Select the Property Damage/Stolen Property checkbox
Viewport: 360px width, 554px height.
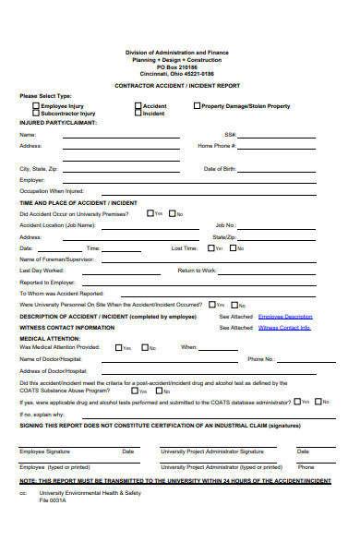(197, 106)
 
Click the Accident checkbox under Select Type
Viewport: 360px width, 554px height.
(138, 106)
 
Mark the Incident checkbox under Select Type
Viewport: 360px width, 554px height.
(138, 114)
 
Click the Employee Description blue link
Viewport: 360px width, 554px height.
(285, 316)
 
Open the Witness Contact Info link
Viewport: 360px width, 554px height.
(284, 327)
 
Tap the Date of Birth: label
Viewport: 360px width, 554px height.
(220, 169)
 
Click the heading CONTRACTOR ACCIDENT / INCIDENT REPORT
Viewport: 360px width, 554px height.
(179, 84)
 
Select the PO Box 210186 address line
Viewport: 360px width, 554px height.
(179, 67)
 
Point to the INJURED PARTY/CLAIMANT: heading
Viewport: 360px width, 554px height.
(58, 122)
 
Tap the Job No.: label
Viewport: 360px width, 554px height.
(226, 224)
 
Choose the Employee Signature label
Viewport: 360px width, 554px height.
(45, 452)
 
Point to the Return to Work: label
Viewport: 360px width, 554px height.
(197, 271)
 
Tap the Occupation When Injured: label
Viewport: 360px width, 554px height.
(52, 190)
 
